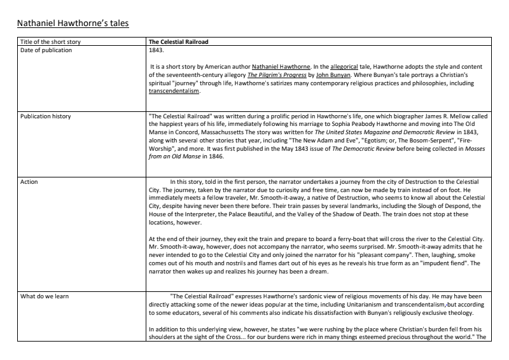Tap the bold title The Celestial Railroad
point(178,42)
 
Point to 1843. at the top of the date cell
point(156,49)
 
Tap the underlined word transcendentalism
point(174,91)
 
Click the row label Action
point(29,182)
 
